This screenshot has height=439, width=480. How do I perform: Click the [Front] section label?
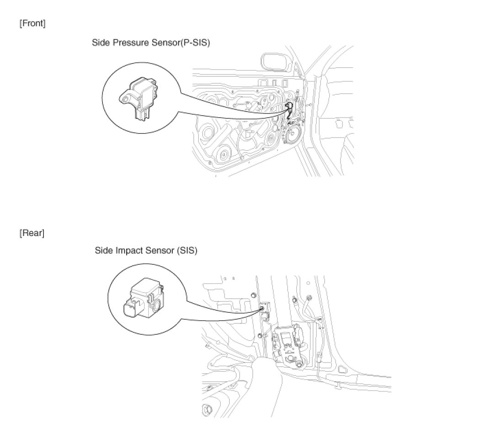coord(32,23)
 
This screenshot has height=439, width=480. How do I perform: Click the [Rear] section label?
coord(32,233)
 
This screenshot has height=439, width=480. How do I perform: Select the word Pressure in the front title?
coord(131,43)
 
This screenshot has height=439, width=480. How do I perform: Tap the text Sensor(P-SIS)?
coord(181,43)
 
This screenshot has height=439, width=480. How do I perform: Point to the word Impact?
coord(129,251)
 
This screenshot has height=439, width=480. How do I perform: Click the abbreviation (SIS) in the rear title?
coord(187,251)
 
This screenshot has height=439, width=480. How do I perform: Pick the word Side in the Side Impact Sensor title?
coord(104,251)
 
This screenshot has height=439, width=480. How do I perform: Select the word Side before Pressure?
coord(101,43)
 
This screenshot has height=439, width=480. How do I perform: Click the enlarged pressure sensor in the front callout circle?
coord(139,97)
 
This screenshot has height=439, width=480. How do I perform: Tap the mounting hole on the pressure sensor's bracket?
coord(124,100)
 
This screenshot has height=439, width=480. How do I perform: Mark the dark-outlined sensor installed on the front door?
coord(288,110)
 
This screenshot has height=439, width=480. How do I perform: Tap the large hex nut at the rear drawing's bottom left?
coord(207,409)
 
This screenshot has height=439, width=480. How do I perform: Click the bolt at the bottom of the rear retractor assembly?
coord(299,364)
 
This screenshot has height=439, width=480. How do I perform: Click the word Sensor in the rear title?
coord(160,251)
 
